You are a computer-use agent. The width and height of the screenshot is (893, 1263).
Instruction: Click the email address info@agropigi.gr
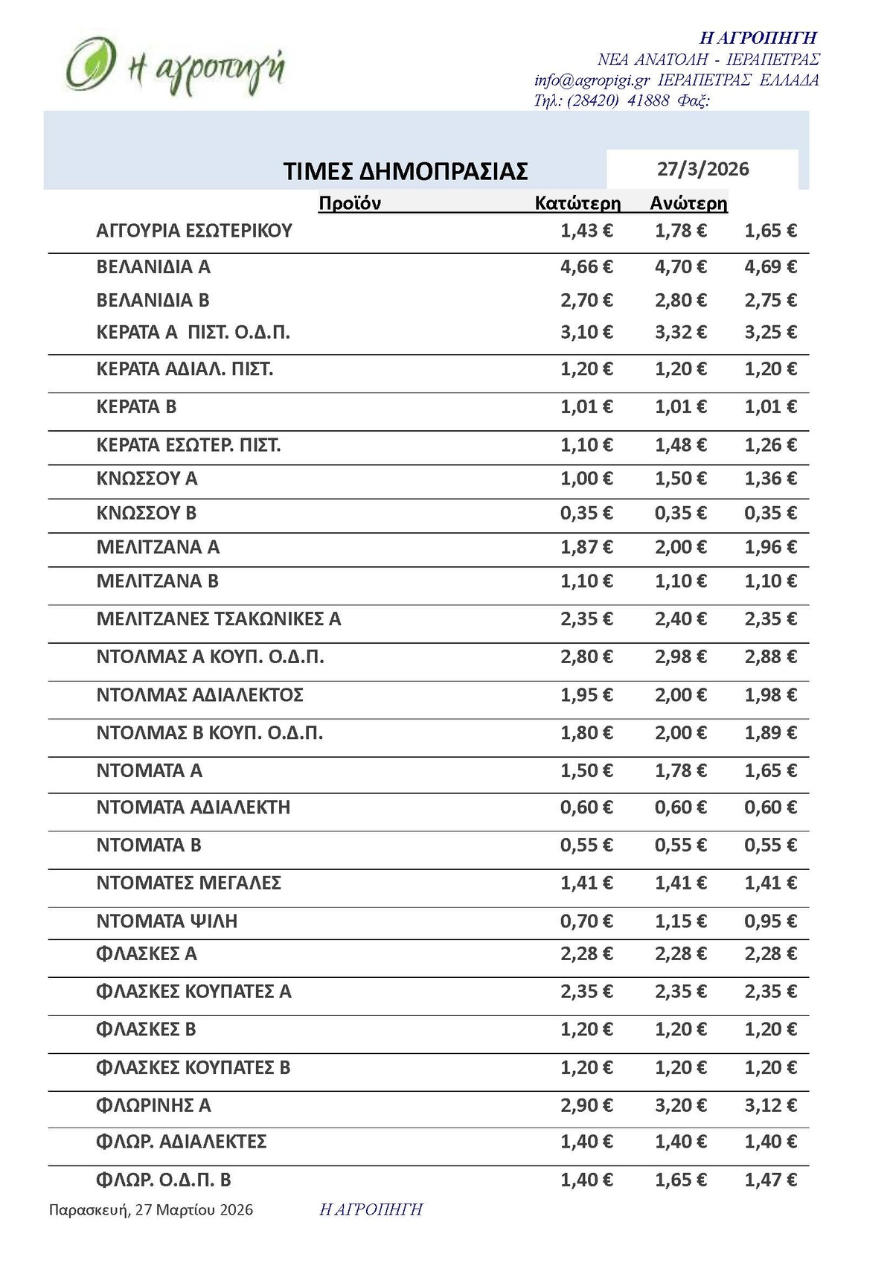click(592, 80)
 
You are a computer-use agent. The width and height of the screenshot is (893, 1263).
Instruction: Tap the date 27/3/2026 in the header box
click(702, 169)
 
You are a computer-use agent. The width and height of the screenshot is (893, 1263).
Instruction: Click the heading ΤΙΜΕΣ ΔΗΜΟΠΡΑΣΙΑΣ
click(406, 171)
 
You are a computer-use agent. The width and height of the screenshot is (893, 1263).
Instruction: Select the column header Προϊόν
click(350, 203)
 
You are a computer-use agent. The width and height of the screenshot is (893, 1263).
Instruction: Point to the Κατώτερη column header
click(577, 203)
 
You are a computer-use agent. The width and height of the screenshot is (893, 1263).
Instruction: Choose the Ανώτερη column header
click(688, 203)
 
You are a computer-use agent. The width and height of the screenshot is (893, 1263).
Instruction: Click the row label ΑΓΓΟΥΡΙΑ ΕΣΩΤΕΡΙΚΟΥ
click(194, 231)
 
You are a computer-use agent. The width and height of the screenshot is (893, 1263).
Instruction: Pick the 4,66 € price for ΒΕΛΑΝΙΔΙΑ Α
click(586, 266)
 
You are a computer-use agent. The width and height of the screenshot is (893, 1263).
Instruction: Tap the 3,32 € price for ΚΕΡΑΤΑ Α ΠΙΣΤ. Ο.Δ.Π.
click(681, 332)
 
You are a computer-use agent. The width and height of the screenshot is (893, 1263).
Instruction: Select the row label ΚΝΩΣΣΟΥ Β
click(147, 513)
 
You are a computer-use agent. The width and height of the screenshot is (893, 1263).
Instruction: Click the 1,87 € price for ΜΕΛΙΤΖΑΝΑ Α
click(586, 547)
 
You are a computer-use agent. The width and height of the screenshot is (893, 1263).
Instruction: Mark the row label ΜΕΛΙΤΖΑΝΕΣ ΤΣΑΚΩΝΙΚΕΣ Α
click(219, 618)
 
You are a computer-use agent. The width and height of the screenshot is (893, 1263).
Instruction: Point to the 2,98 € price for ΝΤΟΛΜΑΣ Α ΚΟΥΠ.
click(681, 656)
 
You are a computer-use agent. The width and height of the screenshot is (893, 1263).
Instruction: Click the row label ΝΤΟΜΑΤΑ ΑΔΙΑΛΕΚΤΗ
click(193, 807)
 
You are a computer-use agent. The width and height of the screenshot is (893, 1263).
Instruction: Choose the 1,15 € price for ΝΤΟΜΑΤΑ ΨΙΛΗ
click(681, 921)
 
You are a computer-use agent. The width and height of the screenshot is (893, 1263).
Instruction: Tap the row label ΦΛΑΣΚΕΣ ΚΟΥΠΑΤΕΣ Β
click(193, 1067)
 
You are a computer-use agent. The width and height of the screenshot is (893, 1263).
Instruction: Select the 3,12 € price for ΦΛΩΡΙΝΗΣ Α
click(771, 1105)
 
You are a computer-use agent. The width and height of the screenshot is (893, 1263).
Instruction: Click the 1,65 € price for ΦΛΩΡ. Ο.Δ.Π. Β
click(681, 1180)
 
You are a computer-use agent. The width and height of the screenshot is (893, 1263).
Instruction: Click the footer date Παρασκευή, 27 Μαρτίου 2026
click(151, 1210)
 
